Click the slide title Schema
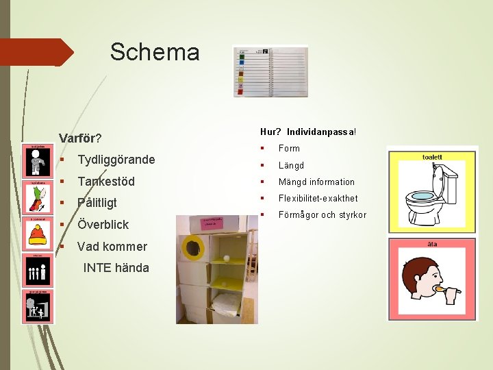pyautogui.click(x=155, y=52)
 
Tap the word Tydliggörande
pyautogui.click(x=116, y=160)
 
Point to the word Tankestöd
pyautogui.click(x=106, y=182)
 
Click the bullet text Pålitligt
pyautogui.click(x=97, y=203)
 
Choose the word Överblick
pyautogui.click(x=103, y=225)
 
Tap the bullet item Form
pyautogui.click(x=289, y=148)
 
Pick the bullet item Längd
pyautogui.click(x=291, y=165)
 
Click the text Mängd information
pyautogui.click(x=316, y=182)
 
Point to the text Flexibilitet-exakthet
pyautogui.click(x=318, y=198)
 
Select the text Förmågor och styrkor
pyautogui.click(x=322, y=215)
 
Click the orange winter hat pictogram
pyautogui.click(x=37, y=236)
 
